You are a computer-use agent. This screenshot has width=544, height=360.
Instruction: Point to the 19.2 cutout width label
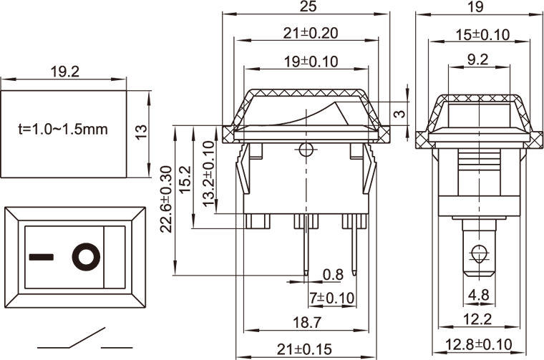(64, 72)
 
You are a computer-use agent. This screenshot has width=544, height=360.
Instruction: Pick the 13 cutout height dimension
(142, 131)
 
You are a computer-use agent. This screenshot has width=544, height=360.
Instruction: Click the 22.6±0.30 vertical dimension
(166, 200)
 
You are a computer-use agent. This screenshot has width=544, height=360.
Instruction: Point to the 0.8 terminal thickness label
(333, 274)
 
